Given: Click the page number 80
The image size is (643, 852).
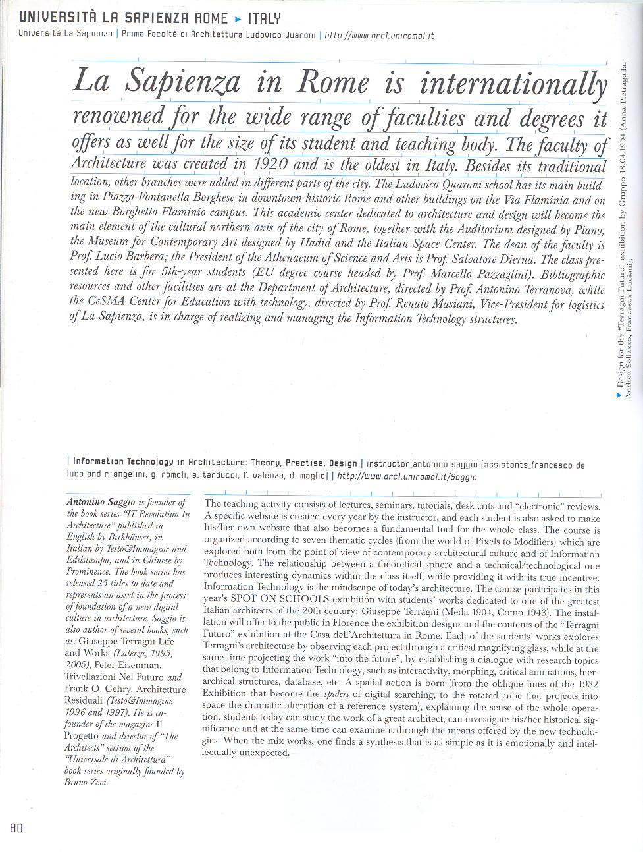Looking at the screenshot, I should pos(16,828).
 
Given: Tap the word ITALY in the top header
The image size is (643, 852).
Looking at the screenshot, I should pos(264,18).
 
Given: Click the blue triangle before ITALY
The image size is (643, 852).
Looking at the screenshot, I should pos(238,19).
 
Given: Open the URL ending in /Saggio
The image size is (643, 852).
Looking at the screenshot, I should pos(407,476).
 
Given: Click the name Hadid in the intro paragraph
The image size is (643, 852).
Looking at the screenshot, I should pos(315,242).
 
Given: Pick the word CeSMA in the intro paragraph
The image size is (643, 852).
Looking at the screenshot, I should pos(107,301).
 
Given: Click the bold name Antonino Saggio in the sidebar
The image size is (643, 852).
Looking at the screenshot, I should pos(101,502).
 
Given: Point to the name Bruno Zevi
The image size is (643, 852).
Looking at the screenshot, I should pos(86,782).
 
